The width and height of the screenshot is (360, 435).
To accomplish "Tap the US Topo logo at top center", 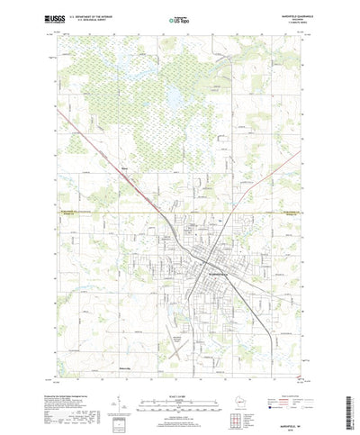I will pyautogui.click(x=177, y=18).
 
